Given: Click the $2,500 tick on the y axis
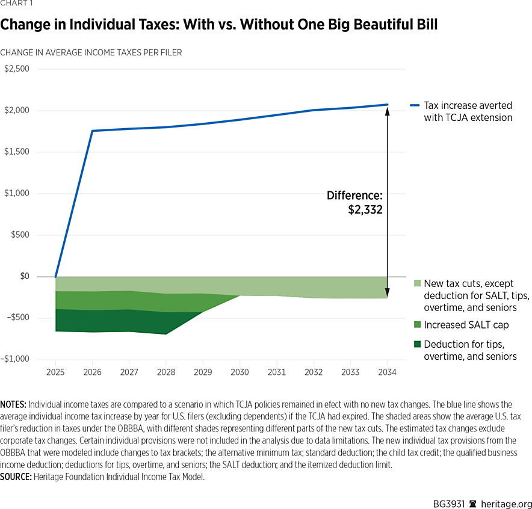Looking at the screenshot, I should pos(16,69).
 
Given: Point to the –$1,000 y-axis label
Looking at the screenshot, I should pos(15,359).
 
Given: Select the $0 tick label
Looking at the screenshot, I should pos(22,276).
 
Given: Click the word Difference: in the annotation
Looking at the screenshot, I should pos(354,196).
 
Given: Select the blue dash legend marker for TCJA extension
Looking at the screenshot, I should pos(414,105).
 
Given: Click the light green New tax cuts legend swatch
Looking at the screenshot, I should pos(417,283).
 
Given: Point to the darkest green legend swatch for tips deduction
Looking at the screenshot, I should pos(417,345).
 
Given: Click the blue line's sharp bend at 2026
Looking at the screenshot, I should pos(92,131).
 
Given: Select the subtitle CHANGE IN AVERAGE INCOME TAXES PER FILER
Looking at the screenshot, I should pos(91,52).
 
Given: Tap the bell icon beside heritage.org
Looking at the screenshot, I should pos(473,503).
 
